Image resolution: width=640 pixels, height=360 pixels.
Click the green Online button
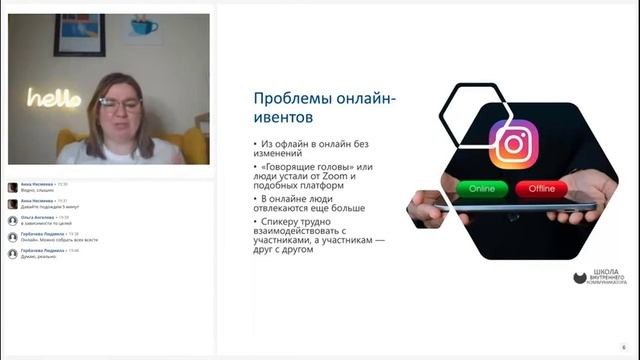481,188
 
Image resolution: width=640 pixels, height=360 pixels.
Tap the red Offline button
542,188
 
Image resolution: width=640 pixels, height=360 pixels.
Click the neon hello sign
54,97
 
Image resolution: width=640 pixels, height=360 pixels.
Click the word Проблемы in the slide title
290,99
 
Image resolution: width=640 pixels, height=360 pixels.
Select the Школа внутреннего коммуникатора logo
599,278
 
